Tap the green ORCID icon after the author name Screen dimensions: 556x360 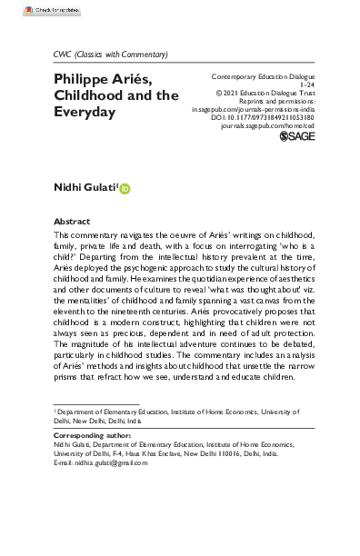(x=125, y=188)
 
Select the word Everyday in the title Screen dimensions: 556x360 (x=86, y=113)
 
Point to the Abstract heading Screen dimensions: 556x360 (x=72, y=222)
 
